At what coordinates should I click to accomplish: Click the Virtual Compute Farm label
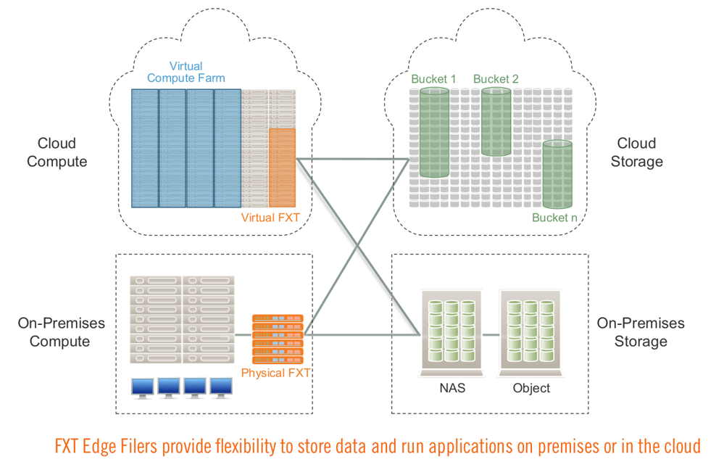coord(186,72)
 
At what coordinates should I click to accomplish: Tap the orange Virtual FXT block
coord(282,168)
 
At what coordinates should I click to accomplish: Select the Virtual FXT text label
coord(270,217)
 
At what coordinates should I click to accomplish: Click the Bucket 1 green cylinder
coord(435,133)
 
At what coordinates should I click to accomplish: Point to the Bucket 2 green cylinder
coord(496,122)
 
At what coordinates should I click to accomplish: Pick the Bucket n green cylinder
coord(557,175)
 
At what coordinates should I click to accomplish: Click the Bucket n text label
coord(554,218)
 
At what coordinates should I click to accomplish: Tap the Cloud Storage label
coord(637,152)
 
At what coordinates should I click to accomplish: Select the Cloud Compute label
coord(57,152)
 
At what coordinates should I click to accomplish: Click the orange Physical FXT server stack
coord(278,339)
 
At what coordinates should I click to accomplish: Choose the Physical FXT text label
coord(275,373)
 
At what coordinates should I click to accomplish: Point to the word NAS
coord(452,388)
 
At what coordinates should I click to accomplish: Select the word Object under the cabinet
coord(531,388)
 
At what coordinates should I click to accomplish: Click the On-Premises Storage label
coord(641,331)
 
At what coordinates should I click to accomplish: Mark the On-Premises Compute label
coord(61,331)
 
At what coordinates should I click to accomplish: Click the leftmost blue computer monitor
coord(143,388)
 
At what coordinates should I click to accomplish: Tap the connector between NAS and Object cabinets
coord(491,334)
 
